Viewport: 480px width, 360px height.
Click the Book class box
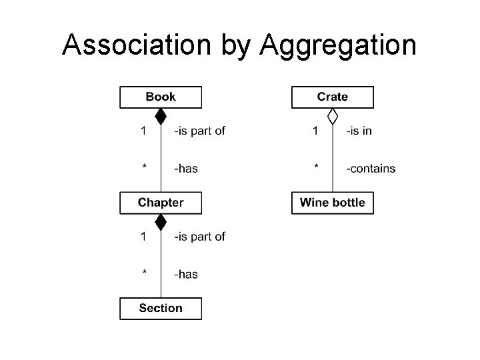160,97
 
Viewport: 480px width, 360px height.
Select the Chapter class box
160,203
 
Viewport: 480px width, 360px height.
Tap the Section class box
160,308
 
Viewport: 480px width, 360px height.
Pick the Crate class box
333,97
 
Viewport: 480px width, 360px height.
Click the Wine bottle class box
333,203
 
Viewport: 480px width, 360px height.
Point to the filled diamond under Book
161,117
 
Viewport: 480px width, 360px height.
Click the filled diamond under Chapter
161,222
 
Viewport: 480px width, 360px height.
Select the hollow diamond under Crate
333,117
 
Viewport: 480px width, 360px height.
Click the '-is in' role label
359,131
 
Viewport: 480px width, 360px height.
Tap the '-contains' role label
371,169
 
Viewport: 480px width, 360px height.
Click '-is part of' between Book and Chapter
199,131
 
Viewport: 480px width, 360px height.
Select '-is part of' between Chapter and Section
199,236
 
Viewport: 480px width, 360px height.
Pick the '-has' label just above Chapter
186,169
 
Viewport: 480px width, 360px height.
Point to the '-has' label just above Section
186,274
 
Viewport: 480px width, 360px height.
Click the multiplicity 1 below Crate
315,131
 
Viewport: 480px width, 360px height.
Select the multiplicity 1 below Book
143,131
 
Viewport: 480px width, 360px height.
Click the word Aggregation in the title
339,46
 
